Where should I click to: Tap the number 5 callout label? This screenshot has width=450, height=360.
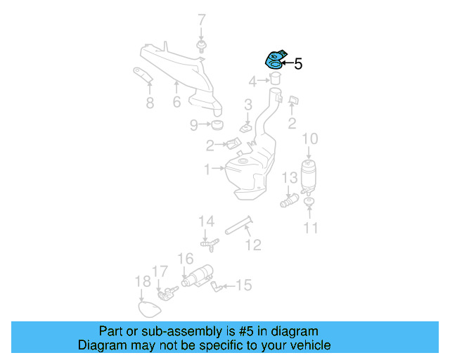(298, 65)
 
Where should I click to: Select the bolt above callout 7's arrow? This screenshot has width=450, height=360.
(202, 47)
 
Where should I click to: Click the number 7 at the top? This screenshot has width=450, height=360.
(202, 20)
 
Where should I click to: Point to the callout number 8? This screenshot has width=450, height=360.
(150, 103)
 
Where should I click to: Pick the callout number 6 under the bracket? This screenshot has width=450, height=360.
(176, 103)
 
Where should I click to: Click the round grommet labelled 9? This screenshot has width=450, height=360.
(218, 126)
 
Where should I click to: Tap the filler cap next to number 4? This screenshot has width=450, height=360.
(276, 77)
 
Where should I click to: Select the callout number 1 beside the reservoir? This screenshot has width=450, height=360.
(207, 169)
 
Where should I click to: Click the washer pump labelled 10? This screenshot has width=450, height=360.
(309, 176)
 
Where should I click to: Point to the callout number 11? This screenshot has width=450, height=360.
(311, 227)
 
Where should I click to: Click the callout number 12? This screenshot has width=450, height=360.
(253, 244)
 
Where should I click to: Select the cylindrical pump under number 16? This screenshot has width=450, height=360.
(199, 276)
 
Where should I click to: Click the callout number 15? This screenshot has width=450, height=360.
(243, 285)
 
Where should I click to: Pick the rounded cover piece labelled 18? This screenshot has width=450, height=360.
(149, 307)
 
